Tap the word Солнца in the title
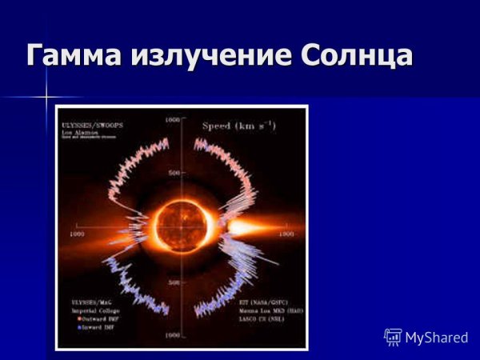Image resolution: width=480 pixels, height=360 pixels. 357,56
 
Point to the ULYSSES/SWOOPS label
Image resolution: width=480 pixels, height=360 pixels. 93,125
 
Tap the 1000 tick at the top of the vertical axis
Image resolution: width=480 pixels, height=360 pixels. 171,119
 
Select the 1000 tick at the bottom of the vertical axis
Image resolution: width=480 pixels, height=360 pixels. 171,336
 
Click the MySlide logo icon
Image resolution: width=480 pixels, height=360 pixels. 393,337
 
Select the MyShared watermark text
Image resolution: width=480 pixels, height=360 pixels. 436,338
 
